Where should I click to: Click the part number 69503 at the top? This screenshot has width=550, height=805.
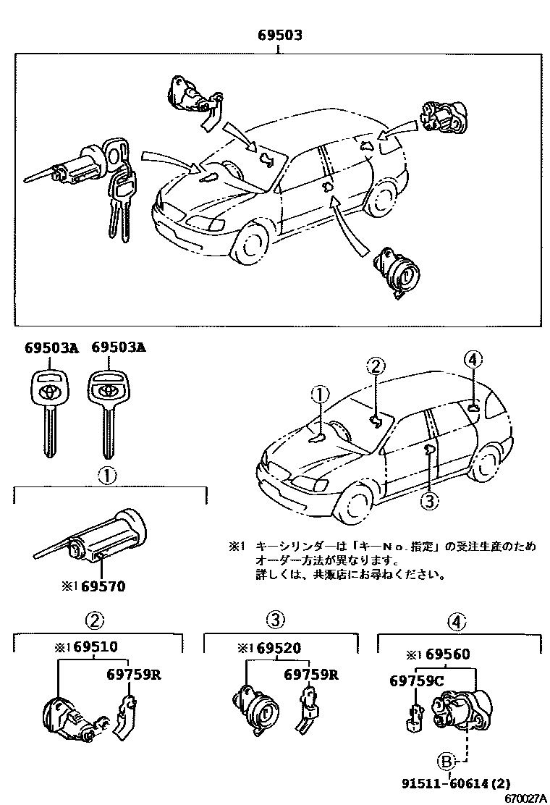(279, 35)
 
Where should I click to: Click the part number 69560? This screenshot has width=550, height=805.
(447, 655)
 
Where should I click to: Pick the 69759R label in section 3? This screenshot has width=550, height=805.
(310, 675)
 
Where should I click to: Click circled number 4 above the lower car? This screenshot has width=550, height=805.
(472, 359)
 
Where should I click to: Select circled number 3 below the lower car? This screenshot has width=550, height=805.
(429, 500)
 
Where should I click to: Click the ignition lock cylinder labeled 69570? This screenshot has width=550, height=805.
(94, 539)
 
